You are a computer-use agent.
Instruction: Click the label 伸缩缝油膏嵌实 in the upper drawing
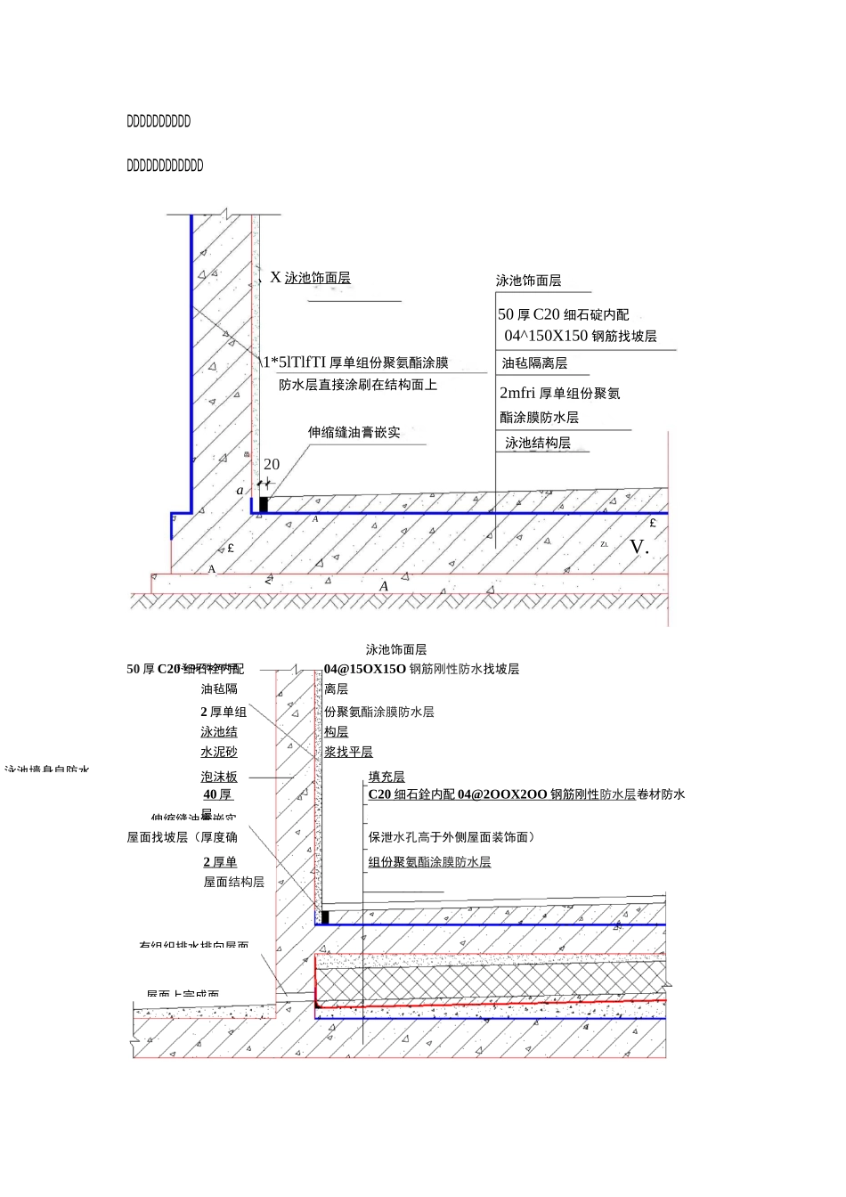pos(354,433)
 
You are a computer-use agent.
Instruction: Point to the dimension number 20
pos(272,464)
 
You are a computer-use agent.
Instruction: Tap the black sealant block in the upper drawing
pos(263,504)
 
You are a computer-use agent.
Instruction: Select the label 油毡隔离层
pos(534,363)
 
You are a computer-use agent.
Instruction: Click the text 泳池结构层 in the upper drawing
pos(538,443)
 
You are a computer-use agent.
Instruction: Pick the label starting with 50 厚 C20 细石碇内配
pos(563,314)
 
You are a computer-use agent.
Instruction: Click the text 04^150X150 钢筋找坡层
pos(581,336)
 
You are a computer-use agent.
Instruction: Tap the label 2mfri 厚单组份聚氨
pos(559,393)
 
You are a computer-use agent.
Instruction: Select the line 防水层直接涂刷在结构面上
pos(358,385)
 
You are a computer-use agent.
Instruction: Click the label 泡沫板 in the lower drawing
pos(219,777)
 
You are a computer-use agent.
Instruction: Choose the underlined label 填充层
pos(386,777)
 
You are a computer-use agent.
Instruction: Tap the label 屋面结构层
pos(233,882)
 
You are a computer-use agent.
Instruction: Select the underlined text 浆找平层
pos(348,752)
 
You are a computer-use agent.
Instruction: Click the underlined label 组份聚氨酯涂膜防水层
pos(429,862)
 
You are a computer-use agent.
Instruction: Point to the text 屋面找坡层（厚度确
pos(182,837)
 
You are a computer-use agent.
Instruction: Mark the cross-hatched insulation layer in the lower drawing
pos(490,984)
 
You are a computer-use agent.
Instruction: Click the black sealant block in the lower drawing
pos(325,916)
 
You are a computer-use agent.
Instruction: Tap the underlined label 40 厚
pos(217,794)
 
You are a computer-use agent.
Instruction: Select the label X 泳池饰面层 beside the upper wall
pos(310,278)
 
